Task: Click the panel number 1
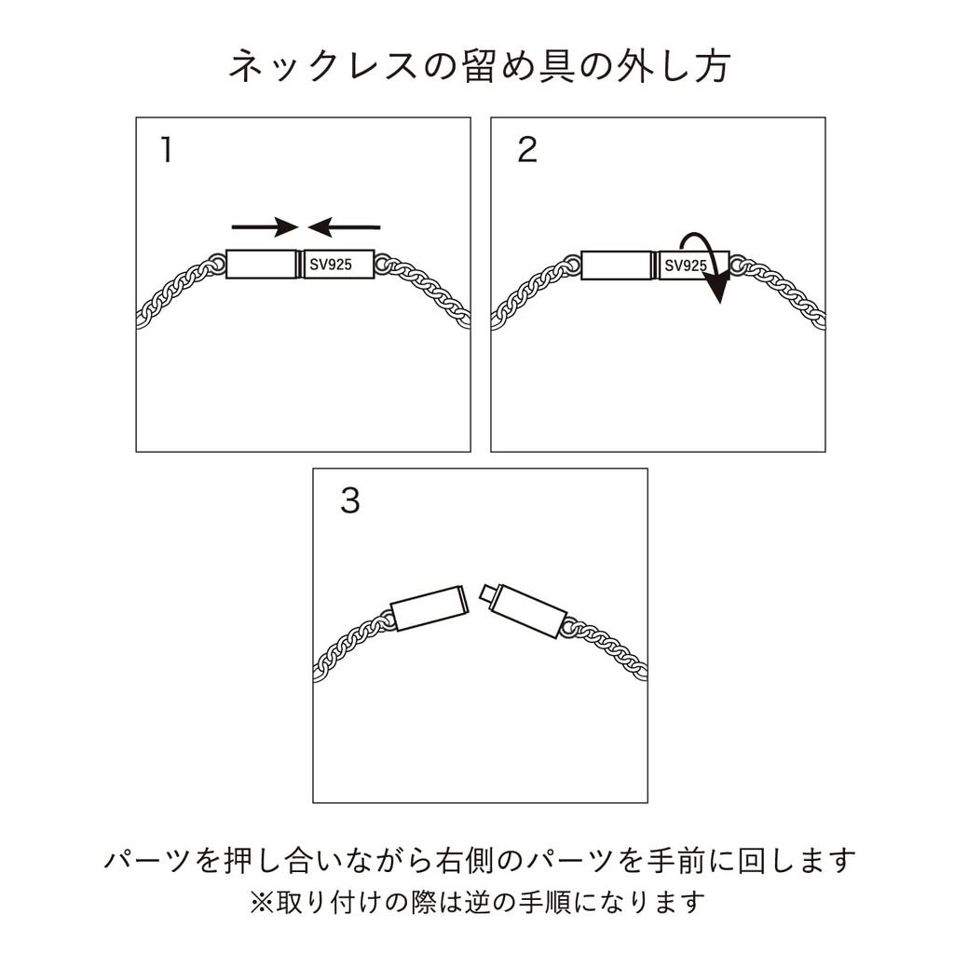pos(166,150)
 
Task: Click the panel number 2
pos(527,150)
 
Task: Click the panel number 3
pos(349,502)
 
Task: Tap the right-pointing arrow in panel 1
pos(264,226)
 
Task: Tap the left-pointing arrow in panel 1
pos(344,226)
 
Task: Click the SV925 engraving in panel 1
pos(331,265)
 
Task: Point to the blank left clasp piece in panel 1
pos(261,265)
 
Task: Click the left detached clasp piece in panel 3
pos(429,607)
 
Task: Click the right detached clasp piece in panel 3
pos(528,610)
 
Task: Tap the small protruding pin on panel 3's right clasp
pos(485,593)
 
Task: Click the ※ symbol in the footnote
pos(258,902)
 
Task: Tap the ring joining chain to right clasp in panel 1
pos(381,266)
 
